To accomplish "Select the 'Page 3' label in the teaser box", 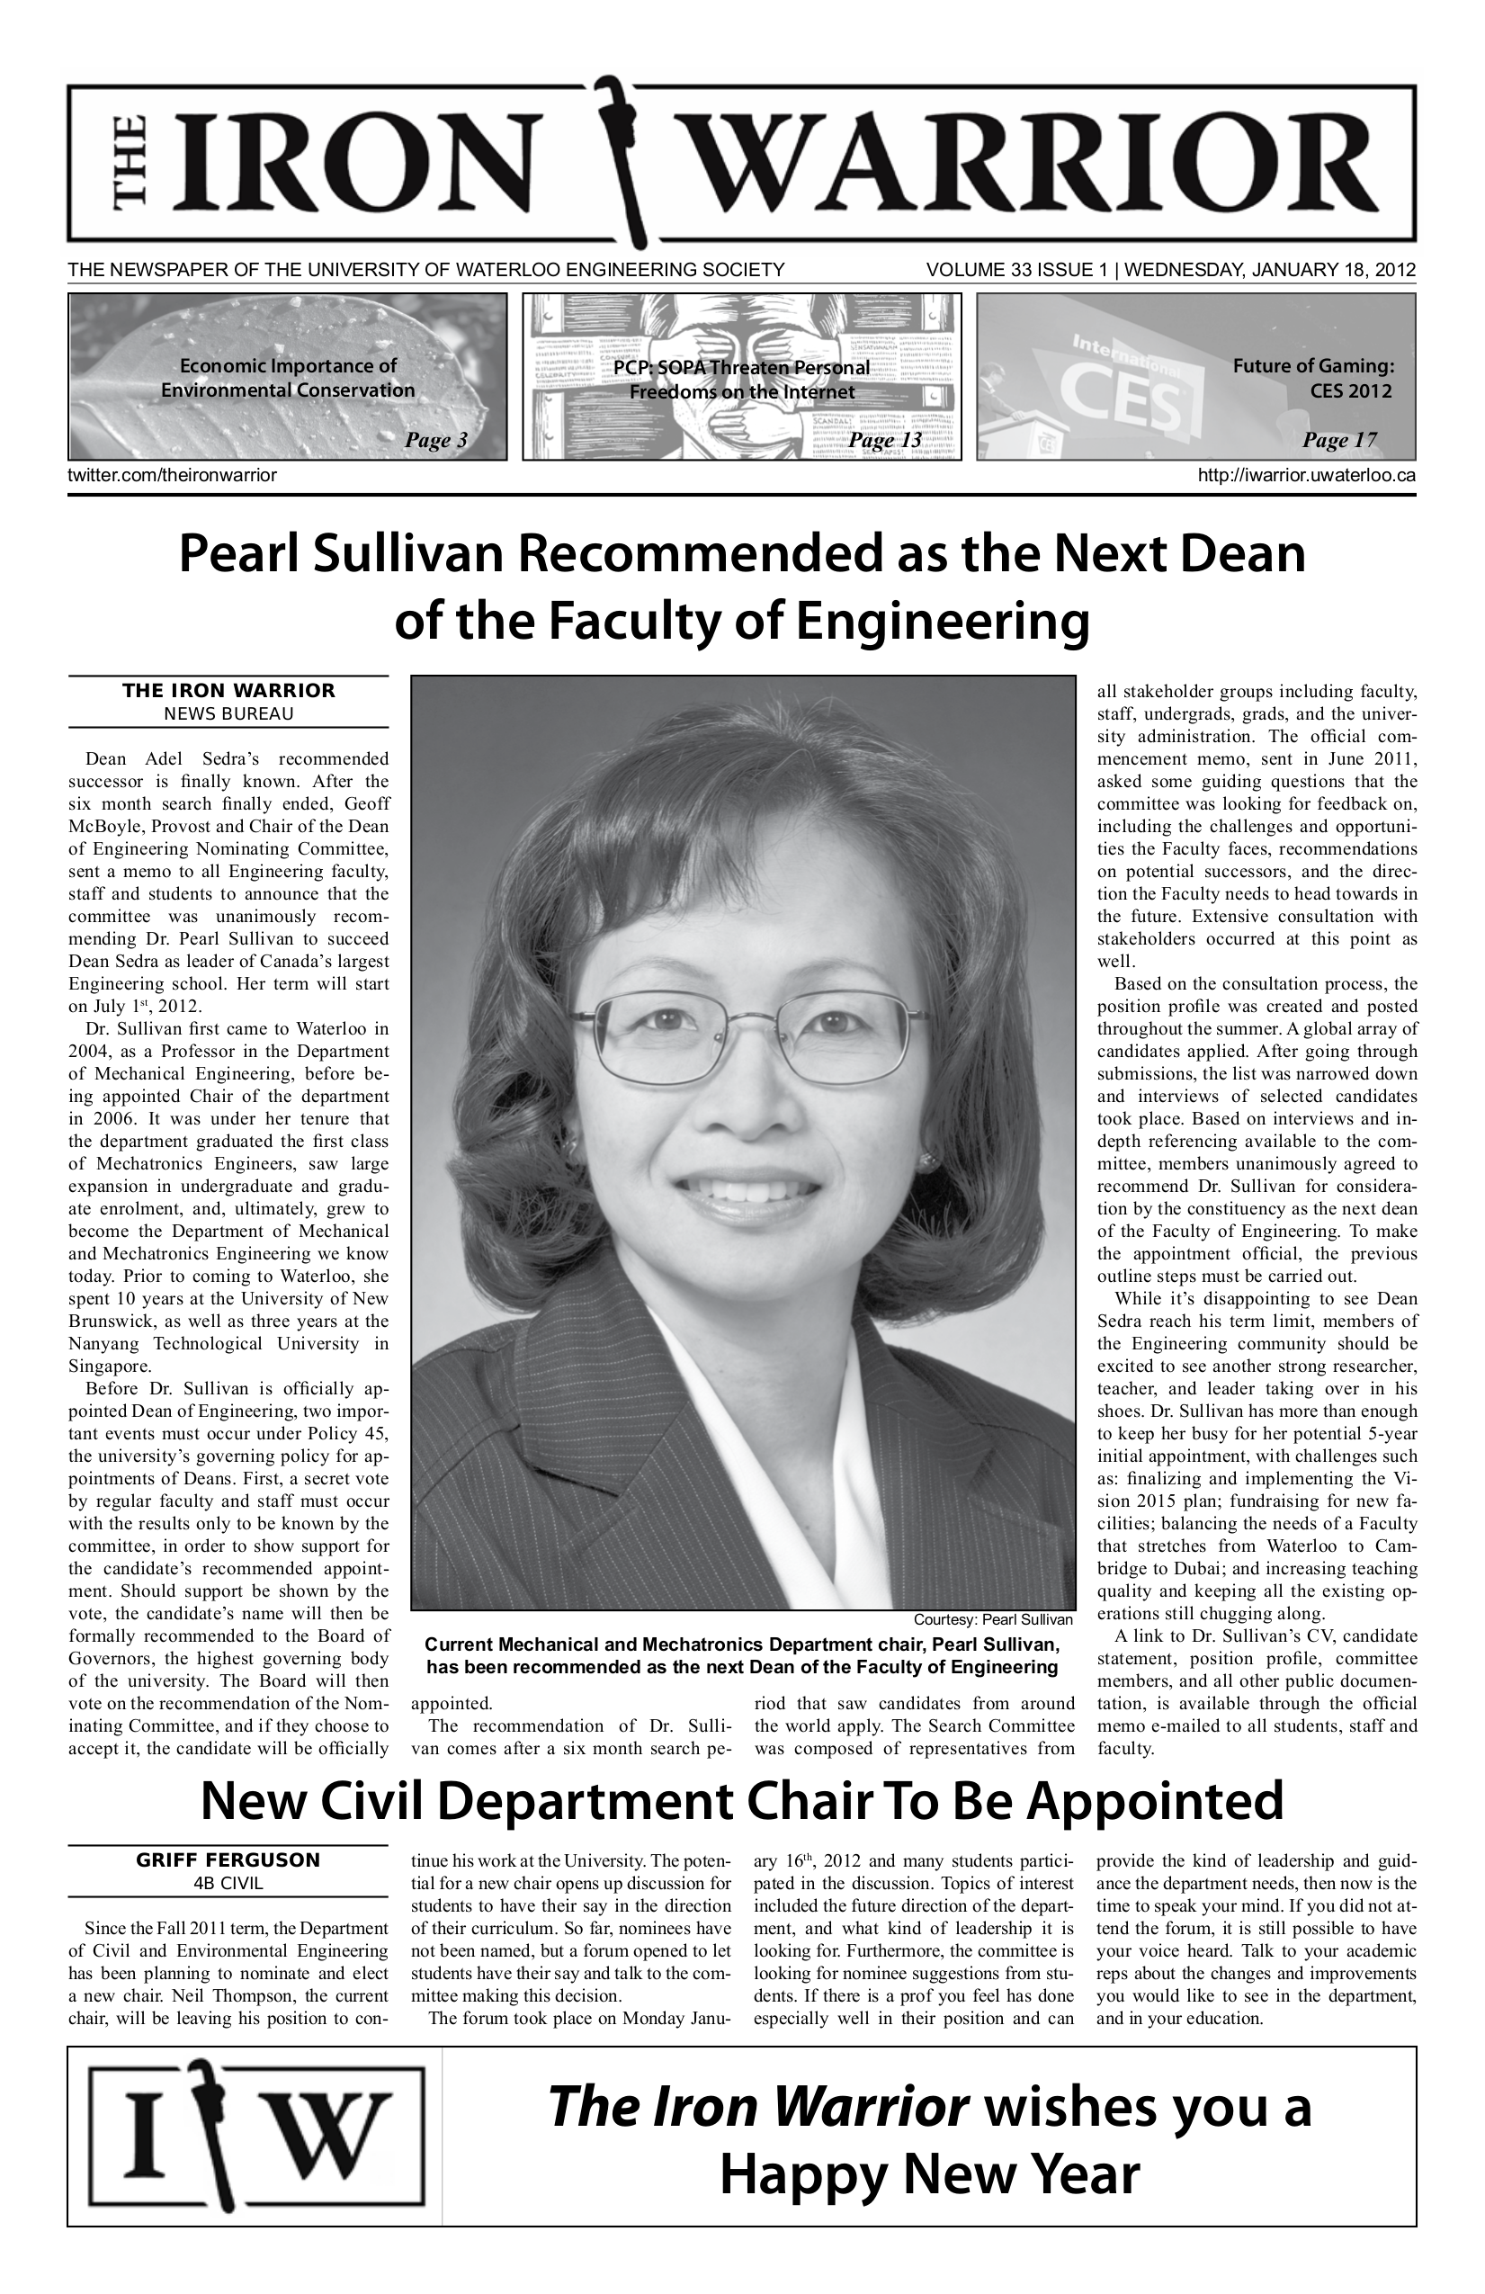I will tap(435, 441).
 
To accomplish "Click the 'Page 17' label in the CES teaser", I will tap(1338, 441).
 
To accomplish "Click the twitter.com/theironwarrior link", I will tap(173, 475).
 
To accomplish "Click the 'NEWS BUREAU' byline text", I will tap(228, 714).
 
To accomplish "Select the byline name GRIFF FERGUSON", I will tap(228, 1860).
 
